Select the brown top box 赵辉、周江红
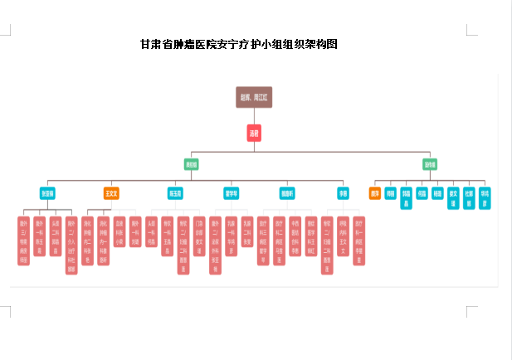click(x=254, y=97)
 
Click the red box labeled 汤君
click(x=254, y=133)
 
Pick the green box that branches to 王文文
click(x=192, y=164)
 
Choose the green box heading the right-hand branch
click(x=430, y=164)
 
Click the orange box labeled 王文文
click(x=111, y=193)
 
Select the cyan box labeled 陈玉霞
click(x=175, y=193)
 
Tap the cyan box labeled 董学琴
click(x=232, y=193)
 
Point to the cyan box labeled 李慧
click(x=343, y=193)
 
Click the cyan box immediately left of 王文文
click(x=47, y=193)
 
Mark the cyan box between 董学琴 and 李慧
click(x=287, y=193)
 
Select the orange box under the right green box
click(x=375, y=193)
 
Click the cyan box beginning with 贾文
click(x=453, y=198)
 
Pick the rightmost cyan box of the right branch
click(x=485, y=198)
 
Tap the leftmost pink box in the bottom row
click(x=23, y=241)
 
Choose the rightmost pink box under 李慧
click(x=358, y=241)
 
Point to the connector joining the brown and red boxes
click(x=254, y=117)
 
